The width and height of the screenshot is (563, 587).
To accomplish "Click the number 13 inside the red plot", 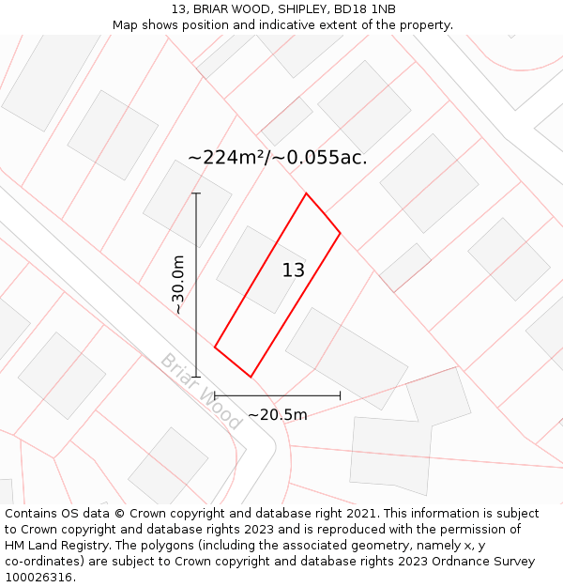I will [294, 270].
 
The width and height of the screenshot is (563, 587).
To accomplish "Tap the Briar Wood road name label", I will [201, 391].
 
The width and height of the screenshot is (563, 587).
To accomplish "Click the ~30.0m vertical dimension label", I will [178, 285].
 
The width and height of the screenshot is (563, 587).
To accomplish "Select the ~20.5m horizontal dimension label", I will [278, 414].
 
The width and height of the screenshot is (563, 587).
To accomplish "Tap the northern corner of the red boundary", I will [306, 193].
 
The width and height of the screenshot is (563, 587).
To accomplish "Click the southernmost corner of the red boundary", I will [251, 378].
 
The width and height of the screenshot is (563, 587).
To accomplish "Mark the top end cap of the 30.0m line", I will [196, 193].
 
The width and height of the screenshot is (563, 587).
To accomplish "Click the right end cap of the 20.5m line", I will [340, 396].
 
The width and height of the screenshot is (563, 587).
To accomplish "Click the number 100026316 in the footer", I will [37, 578].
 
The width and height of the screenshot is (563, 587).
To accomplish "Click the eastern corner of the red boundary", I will [340, 233].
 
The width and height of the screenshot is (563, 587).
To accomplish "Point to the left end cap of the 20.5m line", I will [215, 396].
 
